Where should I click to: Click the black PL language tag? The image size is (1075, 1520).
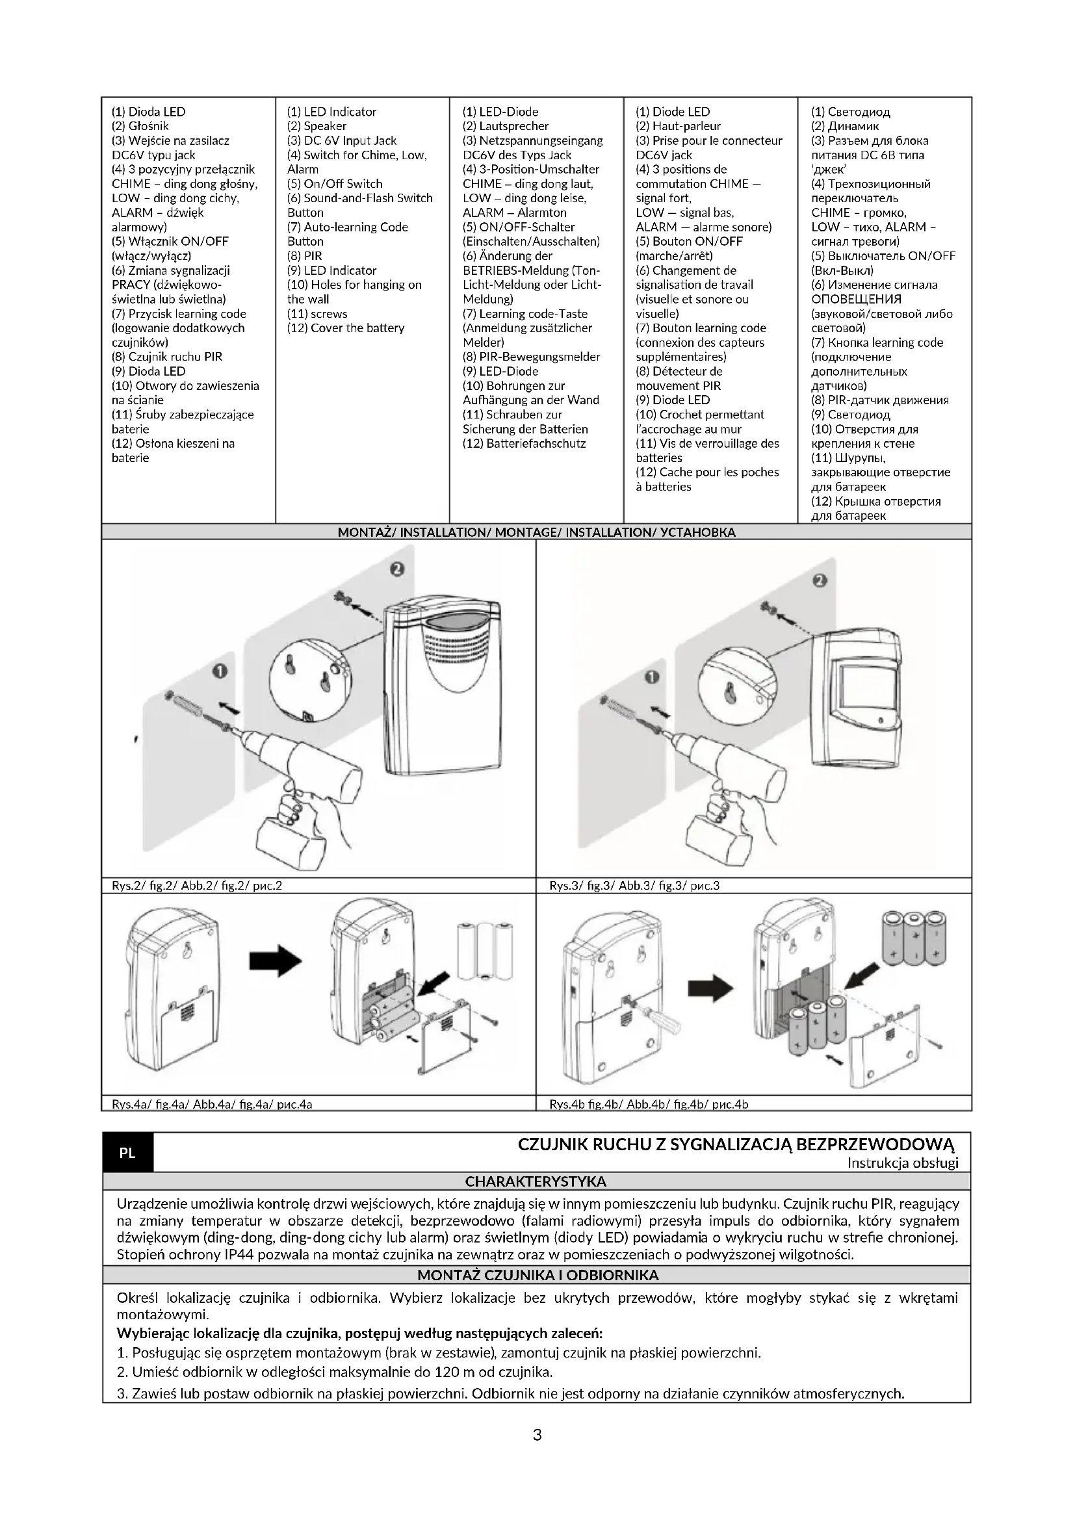point(127,1153)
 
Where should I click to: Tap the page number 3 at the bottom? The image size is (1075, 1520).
point(537,1435)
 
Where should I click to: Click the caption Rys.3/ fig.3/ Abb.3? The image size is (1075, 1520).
point(634,885)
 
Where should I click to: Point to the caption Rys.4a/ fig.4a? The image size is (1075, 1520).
point(207,1103)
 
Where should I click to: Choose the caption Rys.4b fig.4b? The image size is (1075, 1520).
point(649,1103)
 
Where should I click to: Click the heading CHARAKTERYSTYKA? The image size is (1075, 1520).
point(536,1181)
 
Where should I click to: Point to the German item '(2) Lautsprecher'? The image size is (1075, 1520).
point(505,126)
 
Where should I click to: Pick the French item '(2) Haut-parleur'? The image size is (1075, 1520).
point(678,126)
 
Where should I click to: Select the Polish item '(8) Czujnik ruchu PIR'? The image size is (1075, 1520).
point(167,357)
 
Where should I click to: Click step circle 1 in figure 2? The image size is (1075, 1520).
point(220,671)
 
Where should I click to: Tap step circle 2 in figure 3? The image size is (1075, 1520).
point(820,580)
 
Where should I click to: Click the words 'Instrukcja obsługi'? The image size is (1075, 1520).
point(902,1163)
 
